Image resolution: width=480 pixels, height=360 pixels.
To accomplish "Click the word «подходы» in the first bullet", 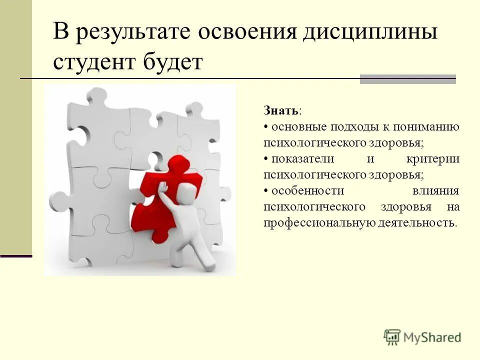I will [x=349, y=127].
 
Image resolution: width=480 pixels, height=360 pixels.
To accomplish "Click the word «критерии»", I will [x=433, y=159].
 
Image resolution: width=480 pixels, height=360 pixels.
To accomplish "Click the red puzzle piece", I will [x=165, y=200].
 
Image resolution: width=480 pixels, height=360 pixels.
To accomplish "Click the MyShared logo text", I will [x=432, y=337].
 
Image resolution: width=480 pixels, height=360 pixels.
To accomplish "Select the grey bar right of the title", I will [x=407, y=79].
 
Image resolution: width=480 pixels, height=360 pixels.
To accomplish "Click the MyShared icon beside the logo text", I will [x=392, y=337].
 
